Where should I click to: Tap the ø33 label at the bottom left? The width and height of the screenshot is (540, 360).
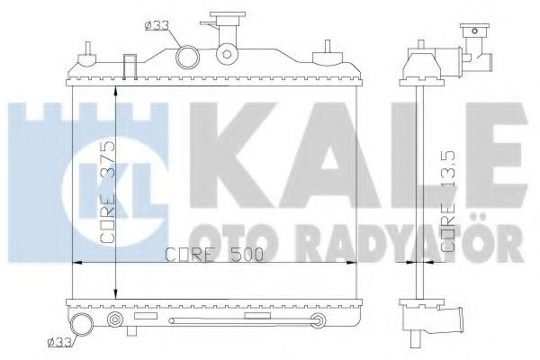point(61,342)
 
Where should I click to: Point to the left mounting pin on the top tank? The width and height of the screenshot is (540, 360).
point(86,59)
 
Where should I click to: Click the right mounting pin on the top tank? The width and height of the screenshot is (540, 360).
point(322,59)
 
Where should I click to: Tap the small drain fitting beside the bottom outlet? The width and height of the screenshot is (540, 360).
point(113,320)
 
